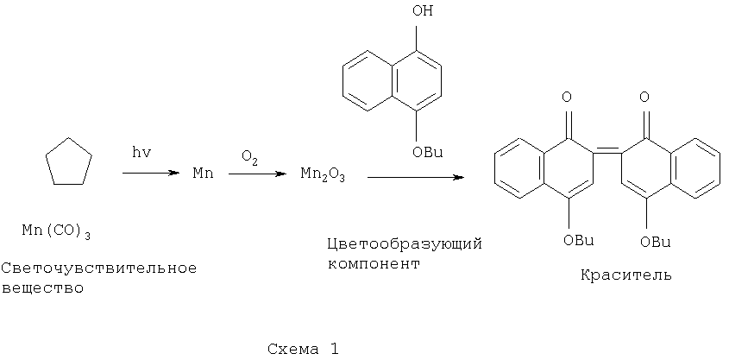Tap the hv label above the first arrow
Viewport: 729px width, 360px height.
click(141, 154)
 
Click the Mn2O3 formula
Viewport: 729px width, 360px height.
click(323, 176)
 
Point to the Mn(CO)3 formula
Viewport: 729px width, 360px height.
click(56, 231)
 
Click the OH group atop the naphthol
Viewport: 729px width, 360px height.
click(422, 10)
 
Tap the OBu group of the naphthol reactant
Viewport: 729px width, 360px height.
click(428, 152)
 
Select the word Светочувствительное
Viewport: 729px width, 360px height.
click(99, 268)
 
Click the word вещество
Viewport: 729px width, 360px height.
click(43, 288)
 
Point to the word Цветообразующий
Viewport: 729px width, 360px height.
click(405, 244)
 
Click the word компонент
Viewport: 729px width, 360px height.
click(374, 264)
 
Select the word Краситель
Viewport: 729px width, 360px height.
click(625, 275)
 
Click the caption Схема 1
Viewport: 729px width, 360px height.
click(303, 349)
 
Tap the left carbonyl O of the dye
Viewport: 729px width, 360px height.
click(567, 98)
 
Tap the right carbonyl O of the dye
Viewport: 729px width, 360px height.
click(644, 98)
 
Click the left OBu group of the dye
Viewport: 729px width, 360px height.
click(578, 241)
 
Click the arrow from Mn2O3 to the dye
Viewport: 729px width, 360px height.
click(416, 177)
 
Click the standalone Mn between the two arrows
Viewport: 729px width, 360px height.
click(204, 174)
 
